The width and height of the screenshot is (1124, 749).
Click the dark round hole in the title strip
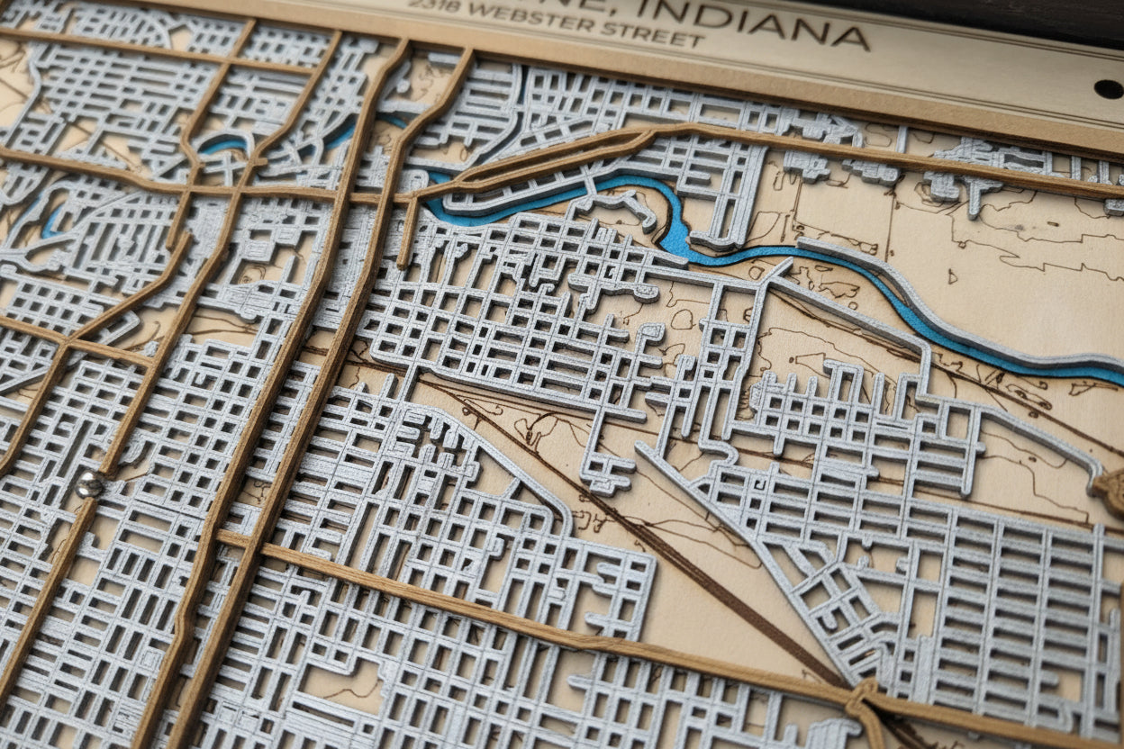[x=1108, y=88]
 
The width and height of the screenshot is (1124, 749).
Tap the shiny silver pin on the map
[x=88, y=485]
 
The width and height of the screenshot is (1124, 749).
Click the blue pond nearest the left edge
[x=50, y=221]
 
